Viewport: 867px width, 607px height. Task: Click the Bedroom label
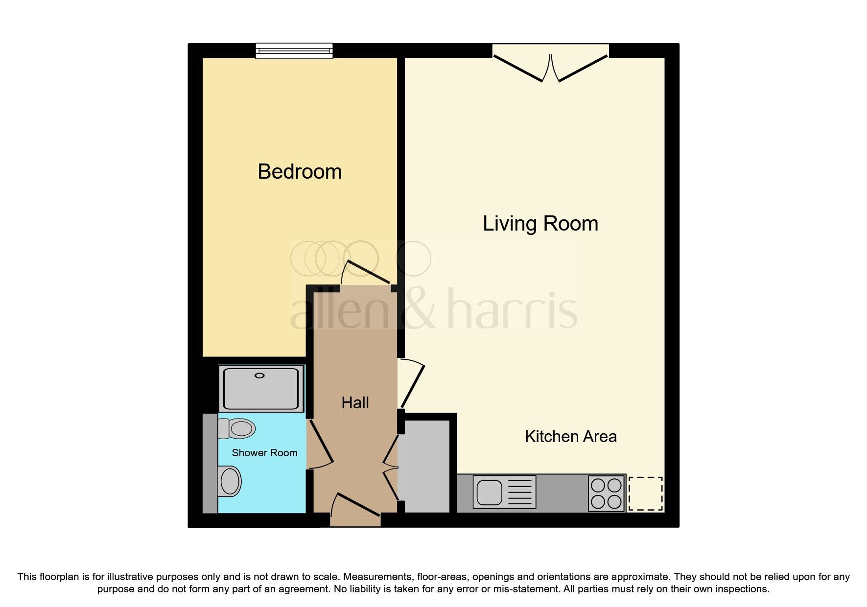(300, 172)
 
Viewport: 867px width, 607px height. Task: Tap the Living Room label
(540, 224)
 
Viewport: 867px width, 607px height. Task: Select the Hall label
(355, 403)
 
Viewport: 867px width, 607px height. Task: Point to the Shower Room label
(264, 453)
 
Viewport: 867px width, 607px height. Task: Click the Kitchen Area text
(570, 436)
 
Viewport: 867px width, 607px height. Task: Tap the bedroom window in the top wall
(294, 51)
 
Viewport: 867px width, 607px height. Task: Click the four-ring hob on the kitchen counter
(606, 493)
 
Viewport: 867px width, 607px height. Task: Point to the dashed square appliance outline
(645, 493)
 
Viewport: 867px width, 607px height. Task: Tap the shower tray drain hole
(259, 375)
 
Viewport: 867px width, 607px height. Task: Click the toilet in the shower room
(238, 429)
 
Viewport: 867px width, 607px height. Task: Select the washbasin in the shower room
(230, 481)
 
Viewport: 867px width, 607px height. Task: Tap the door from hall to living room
(412, 384)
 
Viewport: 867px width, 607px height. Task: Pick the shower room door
(321, 443)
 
